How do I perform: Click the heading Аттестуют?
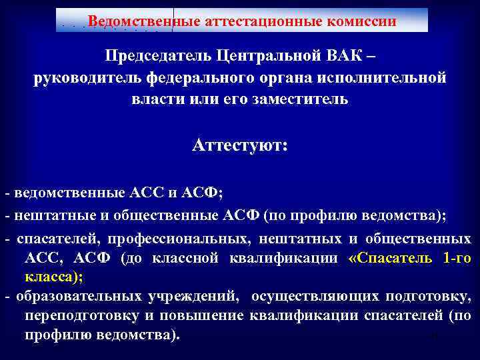[x=240, y=145]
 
